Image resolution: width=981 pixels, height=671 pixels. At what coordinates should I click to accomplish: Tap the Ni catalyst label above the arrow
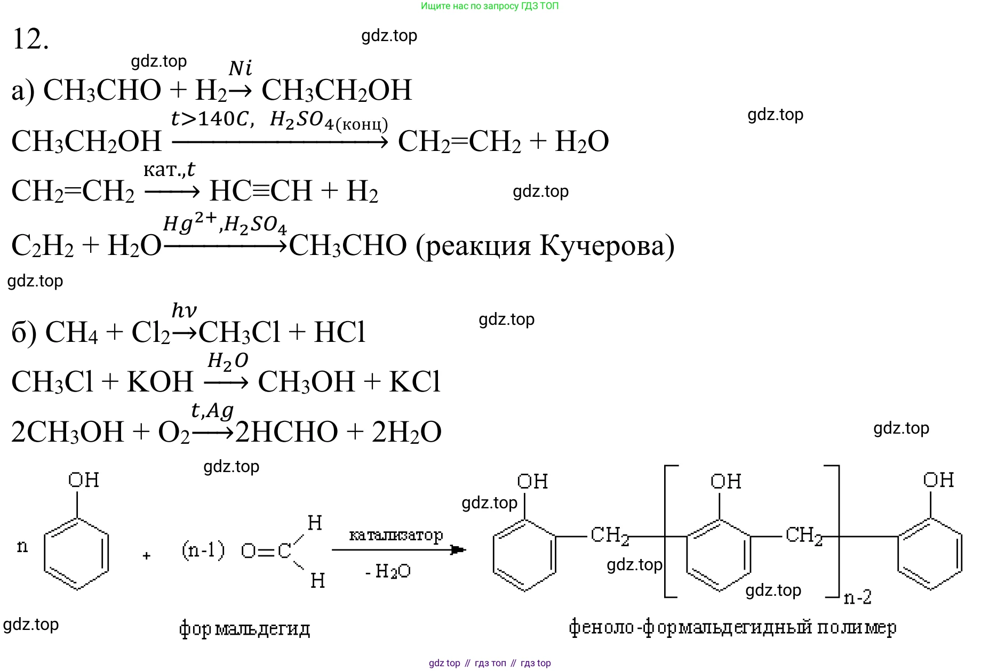click(x=240, y=68)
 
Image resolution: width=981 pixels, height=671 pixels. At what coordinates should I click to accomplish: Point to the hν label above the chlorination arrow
click(x=184, y=310)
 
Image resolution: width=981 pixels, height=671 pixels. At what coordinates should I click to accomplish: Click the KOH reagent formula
click(x=160, y=382)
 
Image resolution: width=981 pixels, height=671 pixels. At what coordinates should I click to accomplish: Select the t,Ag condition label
click(x=212, y=411)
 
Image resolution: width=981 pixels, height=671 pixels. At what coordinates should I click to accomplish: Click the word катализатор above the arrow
click(x=396, y=534)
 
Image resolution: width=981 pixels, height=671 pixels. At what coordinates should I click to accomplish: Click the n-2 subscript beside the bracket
click(x=858, y=597)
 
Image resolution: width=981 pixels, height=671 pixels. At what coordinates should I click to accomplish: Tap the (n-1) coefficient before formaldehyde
click(x=203, y=549)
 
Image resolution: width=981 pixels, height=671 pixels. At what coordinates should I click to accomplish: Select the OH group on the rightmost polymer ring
click(x=938, y=480)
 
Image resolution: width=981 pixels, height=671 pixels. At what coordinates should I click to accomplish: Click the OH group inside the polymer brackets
click(x=725, y=482)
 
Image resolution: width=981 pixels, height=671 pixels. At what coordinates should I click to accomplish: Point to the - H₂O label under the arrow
click(x=388, y=572)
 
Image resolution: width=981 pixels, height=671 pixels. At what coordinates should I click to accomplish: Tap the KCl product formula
click(x=414, y=382)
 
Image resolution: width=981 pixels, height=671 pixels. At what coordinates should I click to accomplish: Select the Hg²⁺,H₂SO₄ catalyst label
click(x=225, y=224)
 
